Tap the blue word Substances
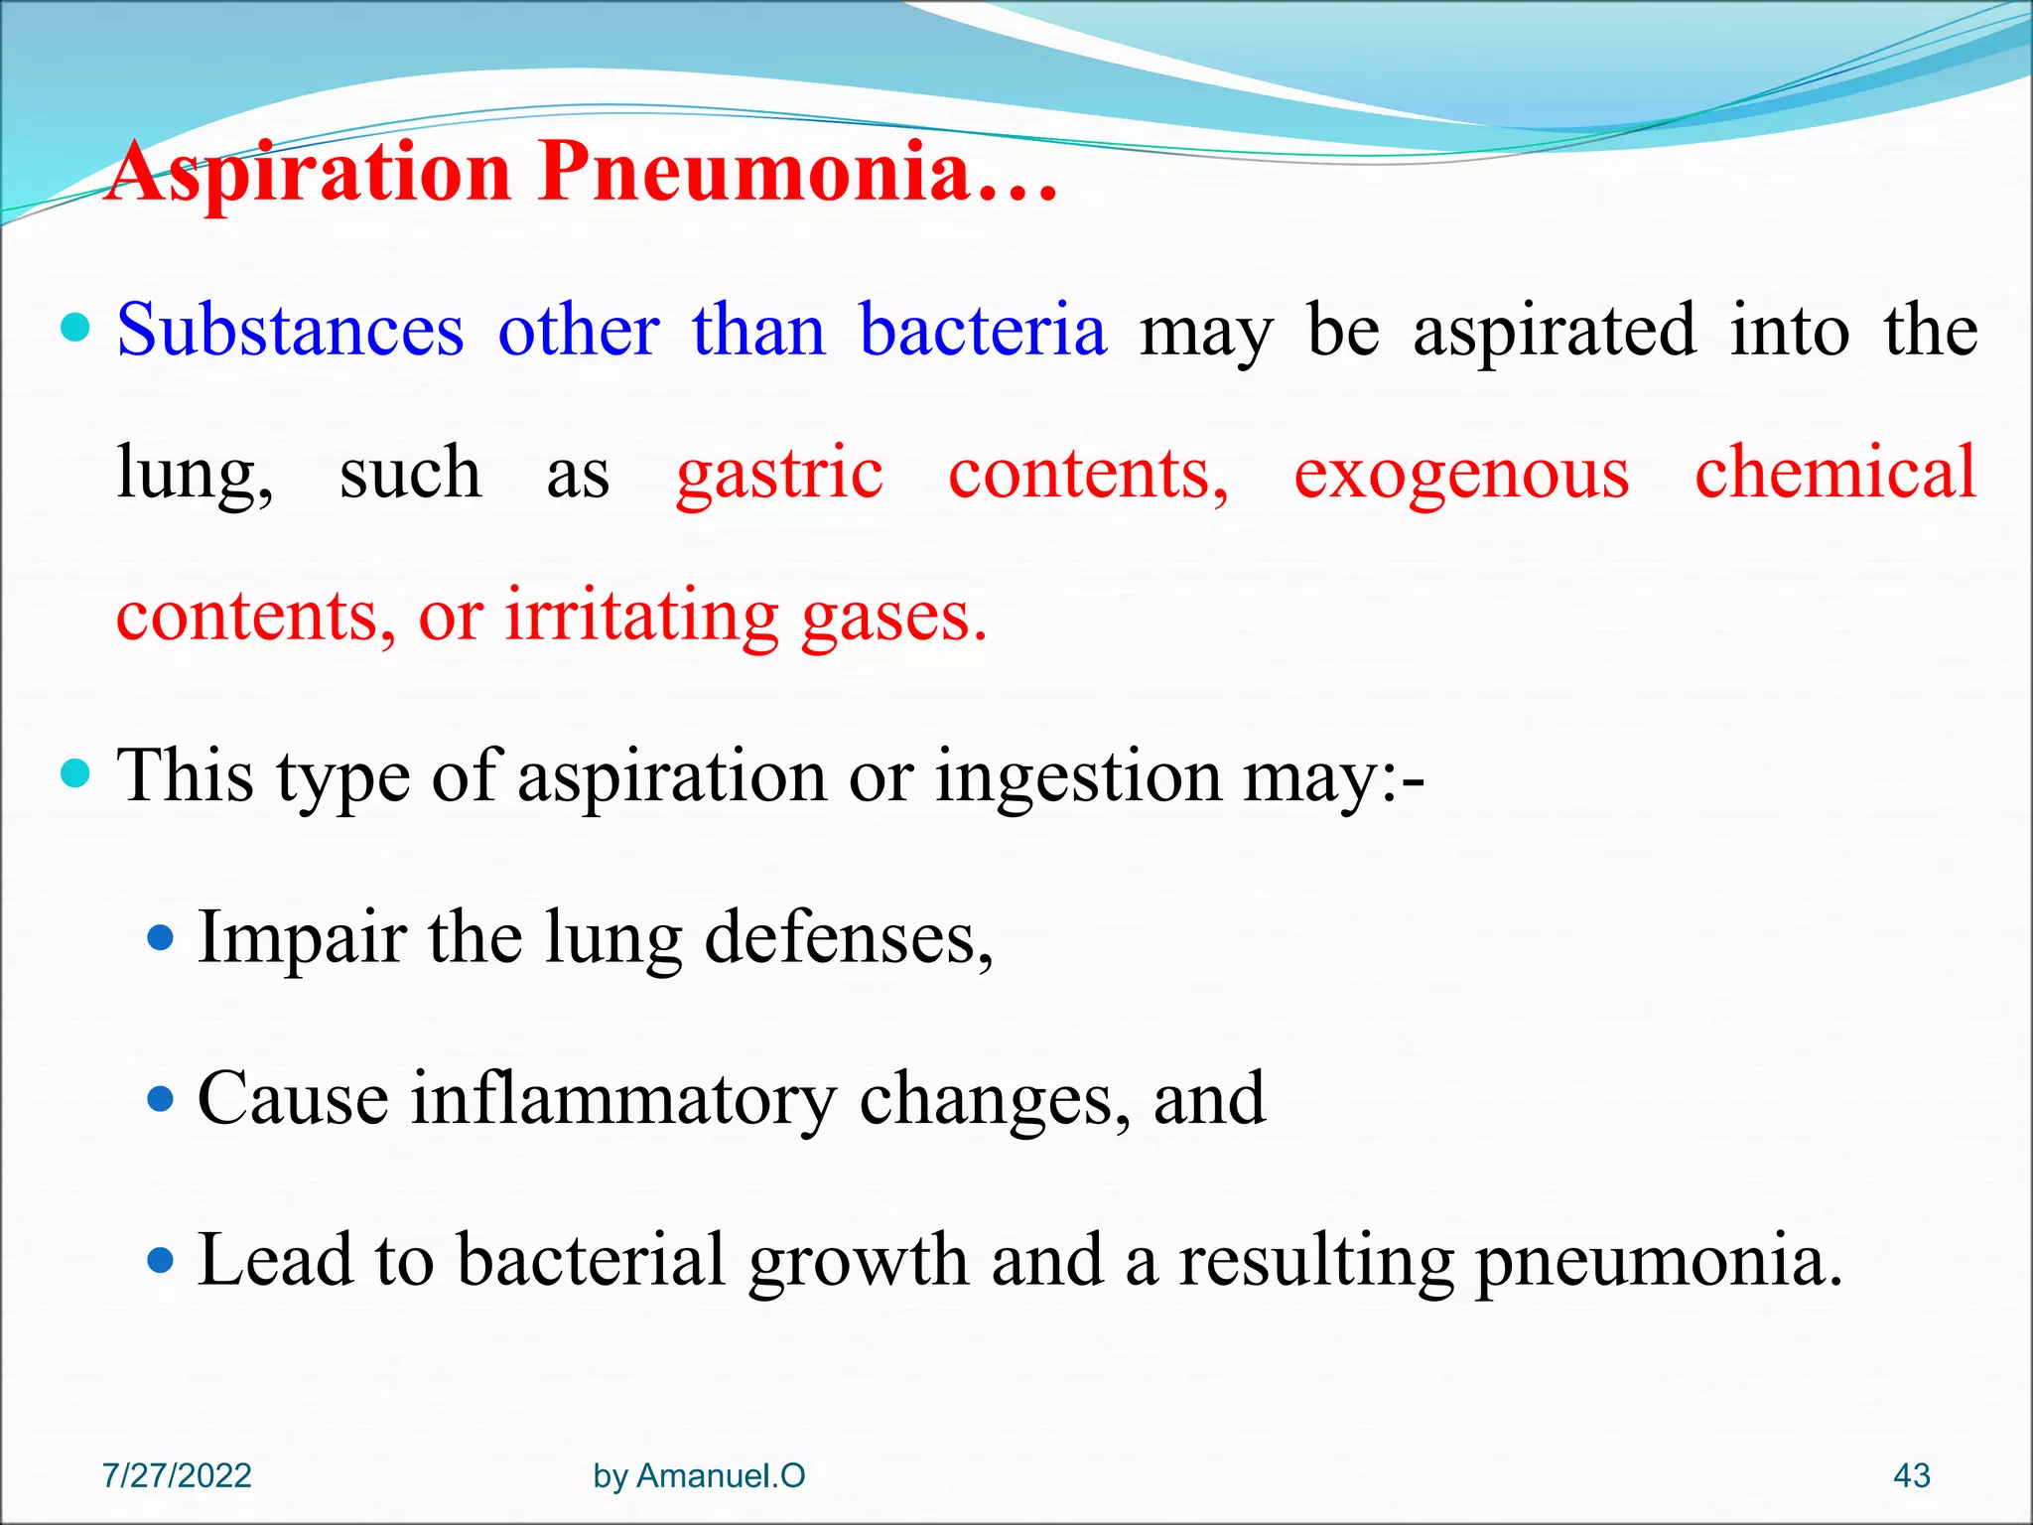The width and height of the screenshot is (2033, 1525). (x=290, y=330)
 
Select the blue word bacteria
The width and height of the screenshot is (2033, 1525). (x=982, y=330)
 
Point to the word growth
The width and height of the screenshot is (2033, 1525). (x=858, y=1260)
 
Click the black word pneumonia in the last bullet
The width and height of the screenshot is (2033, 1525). (x=1658, y=1260)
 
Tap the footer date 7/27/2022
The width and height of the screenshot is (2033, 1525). (x=177, y=1475)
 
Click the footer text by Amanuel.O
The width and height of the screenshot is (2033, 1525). (x=699, y=1475)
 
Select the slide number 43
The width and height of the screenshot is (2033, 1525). (x=1911, y=1475)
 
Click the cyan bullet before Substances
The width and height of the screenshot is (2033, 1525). (x=75, y=327)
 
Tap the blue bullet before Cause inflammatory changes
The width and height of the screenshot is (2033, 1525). (x=160, y=1099)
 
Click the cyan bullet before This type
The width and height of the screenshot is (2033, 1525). (x=75, y=772)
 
